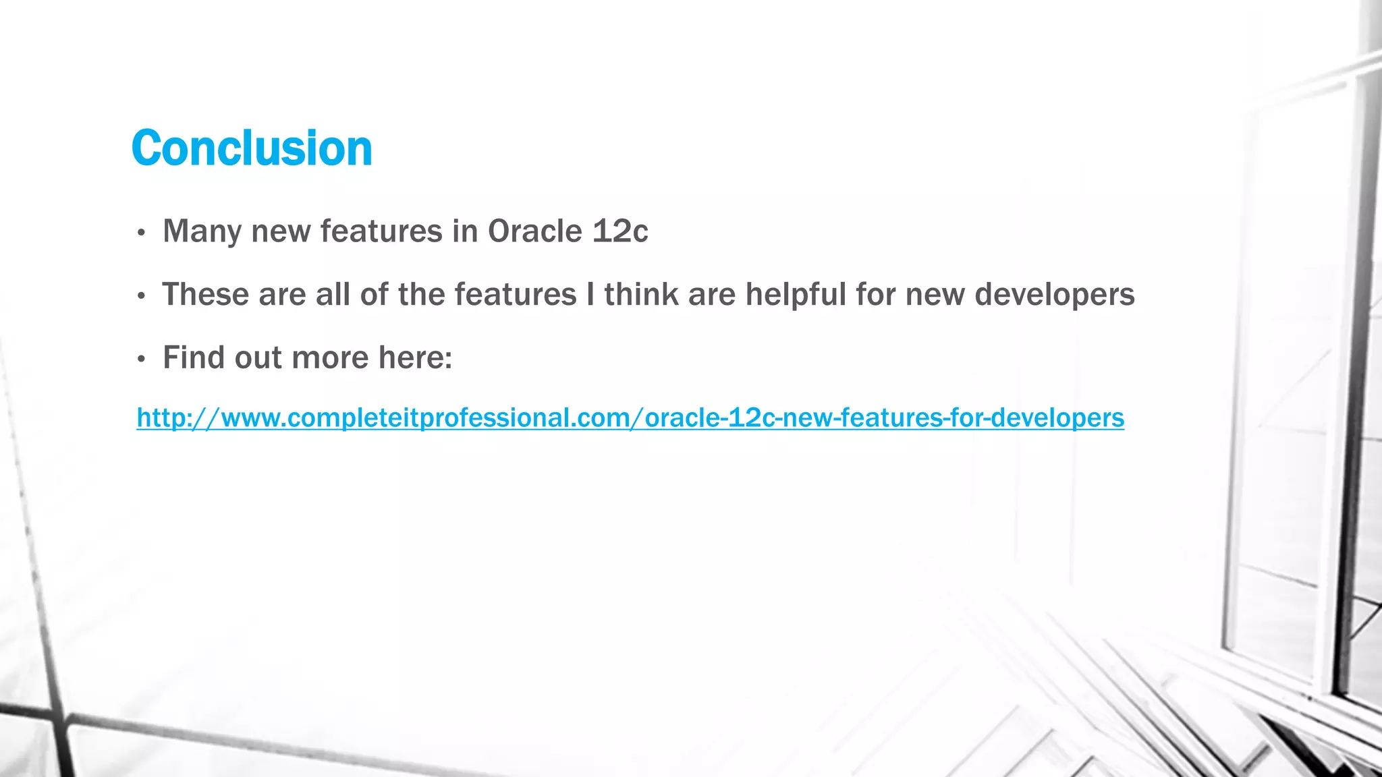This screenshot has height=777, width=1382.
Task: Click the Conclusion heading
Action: pos(252,148)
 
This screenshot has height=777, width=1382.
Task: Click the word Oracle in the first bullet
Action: pos(534,231)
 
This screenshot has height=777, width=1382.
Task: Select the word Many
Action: pos(202,231)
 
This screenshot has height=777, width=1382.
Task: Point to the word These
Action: pos(205,295)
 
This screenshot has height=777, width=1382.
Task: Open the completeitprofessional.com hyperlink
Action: pos(630,418)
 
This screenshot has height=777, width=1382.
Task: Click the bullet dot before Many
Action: pos(141,233)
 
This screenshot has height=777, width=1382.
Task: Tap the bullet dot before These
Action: pos(141,296)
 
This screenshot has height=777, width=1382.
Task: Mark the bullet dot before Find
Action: pos(141,359)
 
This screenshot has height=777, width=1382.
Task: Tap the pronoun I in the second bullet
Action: pos(590,295)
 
